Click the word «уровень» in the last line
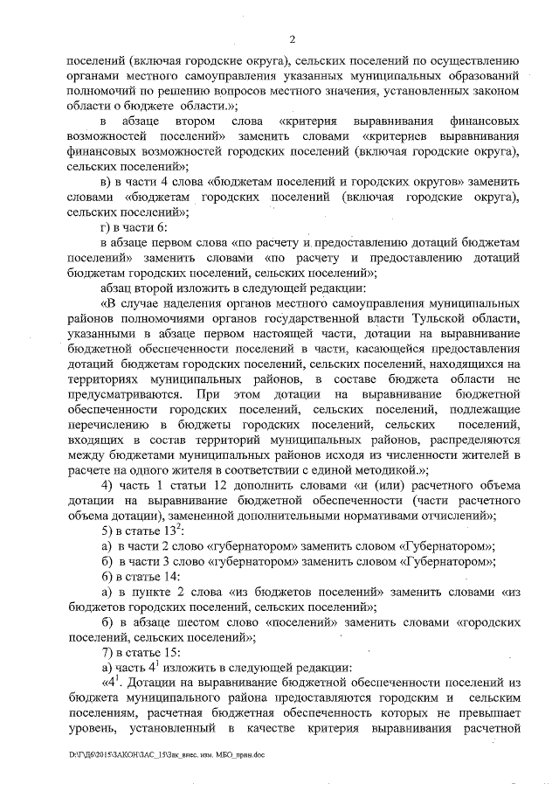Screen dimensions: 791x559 tap(93, 727)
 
